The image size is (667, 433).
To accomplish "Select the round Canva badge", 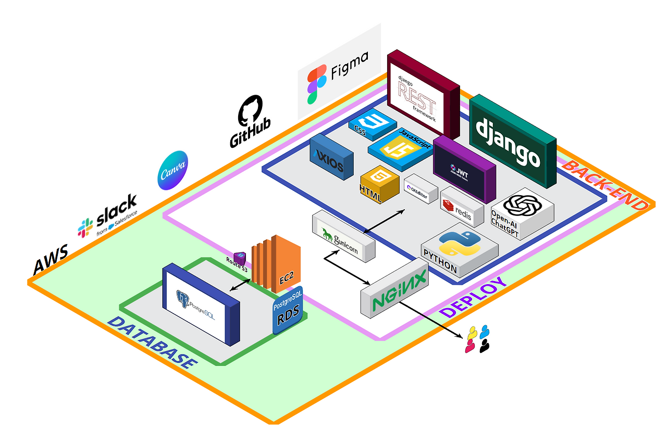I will click(x=172, y=170).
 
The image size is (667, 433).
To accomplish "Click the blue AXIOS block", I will click(x=331, y=158).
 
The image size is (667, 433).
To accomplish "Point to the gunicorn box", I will click(x=343, y=237).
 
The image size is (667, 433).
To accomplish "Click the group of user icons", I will click(x=478, y=339).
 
